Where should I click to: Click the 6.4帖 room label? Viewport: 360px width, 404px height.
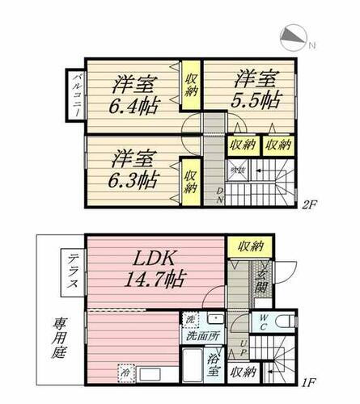(x=135, y=94)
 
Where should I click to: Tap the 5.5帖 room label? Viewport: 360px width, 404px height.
(x=257, y=91)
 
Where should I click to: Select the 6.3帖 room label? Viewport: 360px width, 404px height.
(x=135, y=167)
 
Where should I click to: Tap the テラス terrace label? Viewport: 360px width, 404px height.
(x=71, y=274)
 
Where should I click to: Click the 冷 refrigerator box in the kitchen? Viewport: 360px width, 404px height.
(x=126, y=374)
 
